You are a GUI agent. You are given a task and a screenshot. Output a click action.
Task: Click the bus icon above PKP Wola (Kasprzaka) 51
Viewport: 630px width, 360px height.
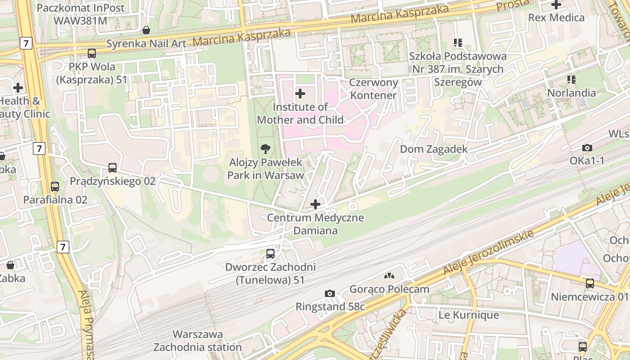coord(92,54)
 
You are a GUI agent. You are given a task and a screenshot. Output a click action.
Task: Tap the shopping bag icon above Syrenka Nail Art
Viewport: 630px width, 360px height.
coord(146,30)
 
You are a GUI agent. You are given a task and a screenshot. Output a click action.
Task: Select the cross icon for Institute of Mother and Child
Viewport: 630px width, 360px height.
coord(300,94)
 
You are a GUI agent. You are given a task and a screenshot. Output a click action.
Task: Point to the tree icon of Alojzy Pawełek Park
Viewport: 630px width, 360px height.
coord(265,148)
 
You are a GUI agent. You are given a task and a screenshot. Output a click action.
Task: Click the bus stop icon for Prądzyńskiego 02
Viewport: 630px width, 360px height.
coord(112,168)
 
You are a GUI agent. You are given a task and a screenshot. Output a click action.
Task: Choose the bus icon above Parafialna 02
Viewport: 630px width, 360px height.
coord(55,186)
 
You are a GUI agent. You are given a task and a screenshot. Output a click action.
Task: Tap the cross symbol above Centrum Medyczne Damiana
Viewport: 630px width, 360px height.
coord(315,204)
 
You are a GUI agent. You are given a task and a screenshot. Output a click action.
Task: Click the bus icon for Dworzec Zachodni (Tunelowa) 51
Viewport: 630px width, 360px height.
coord(270,254)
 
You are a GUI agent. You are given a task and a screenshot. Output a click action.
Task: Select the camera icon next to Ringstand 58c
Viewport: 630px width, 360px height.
coord(329,294)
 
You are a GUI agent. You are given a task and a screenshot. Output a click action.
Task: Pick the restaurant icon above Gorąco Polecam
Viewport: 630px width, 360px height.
coord(389,276)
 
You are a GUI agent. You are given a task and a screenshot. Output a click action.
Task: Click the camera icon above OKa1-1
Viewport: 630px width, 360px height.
coord(587,148)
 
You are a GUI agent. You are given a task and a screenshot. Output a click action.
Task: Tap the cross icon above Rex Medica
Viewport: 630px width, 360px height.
coord(556,5)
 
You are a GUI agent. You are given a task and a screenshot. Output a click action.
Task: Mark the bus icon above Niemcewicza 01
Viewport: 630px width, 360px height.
coord(589,283)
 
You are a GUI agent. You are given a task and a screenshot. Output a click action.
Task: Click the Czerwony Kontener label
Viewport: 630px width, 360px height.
coord(374,89)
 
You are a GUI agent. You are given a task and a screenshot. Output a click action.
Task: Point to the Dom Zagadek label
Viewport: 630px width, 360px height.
coord(434,149)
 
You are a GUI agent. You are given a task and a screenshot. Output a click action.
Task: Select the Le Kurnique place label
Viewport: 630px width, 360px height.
coord(468,315)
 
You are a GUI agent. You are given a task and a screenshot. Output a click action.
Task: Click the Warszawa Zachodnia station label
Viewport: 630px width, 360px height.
coord(198,341)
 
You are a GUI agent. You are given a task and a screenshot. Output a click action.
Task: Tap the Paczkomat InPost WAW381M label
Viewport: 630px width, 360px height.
coord(81,14)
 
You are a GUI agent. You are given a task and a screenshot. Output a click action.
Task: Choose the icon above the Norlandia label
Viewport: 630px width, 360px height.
coord(571,80)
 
